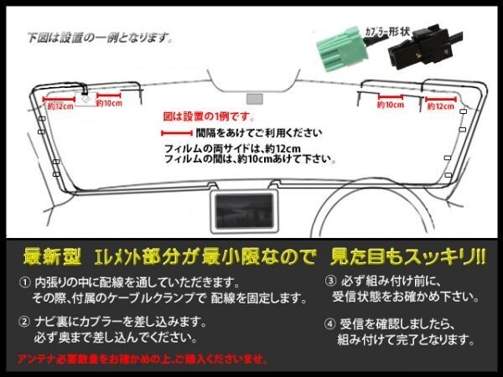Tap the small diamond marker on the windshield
pyautogui.click(x=86, y=99)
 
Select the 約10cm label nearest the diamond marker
pyautogui.click(x=110, y=104)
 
